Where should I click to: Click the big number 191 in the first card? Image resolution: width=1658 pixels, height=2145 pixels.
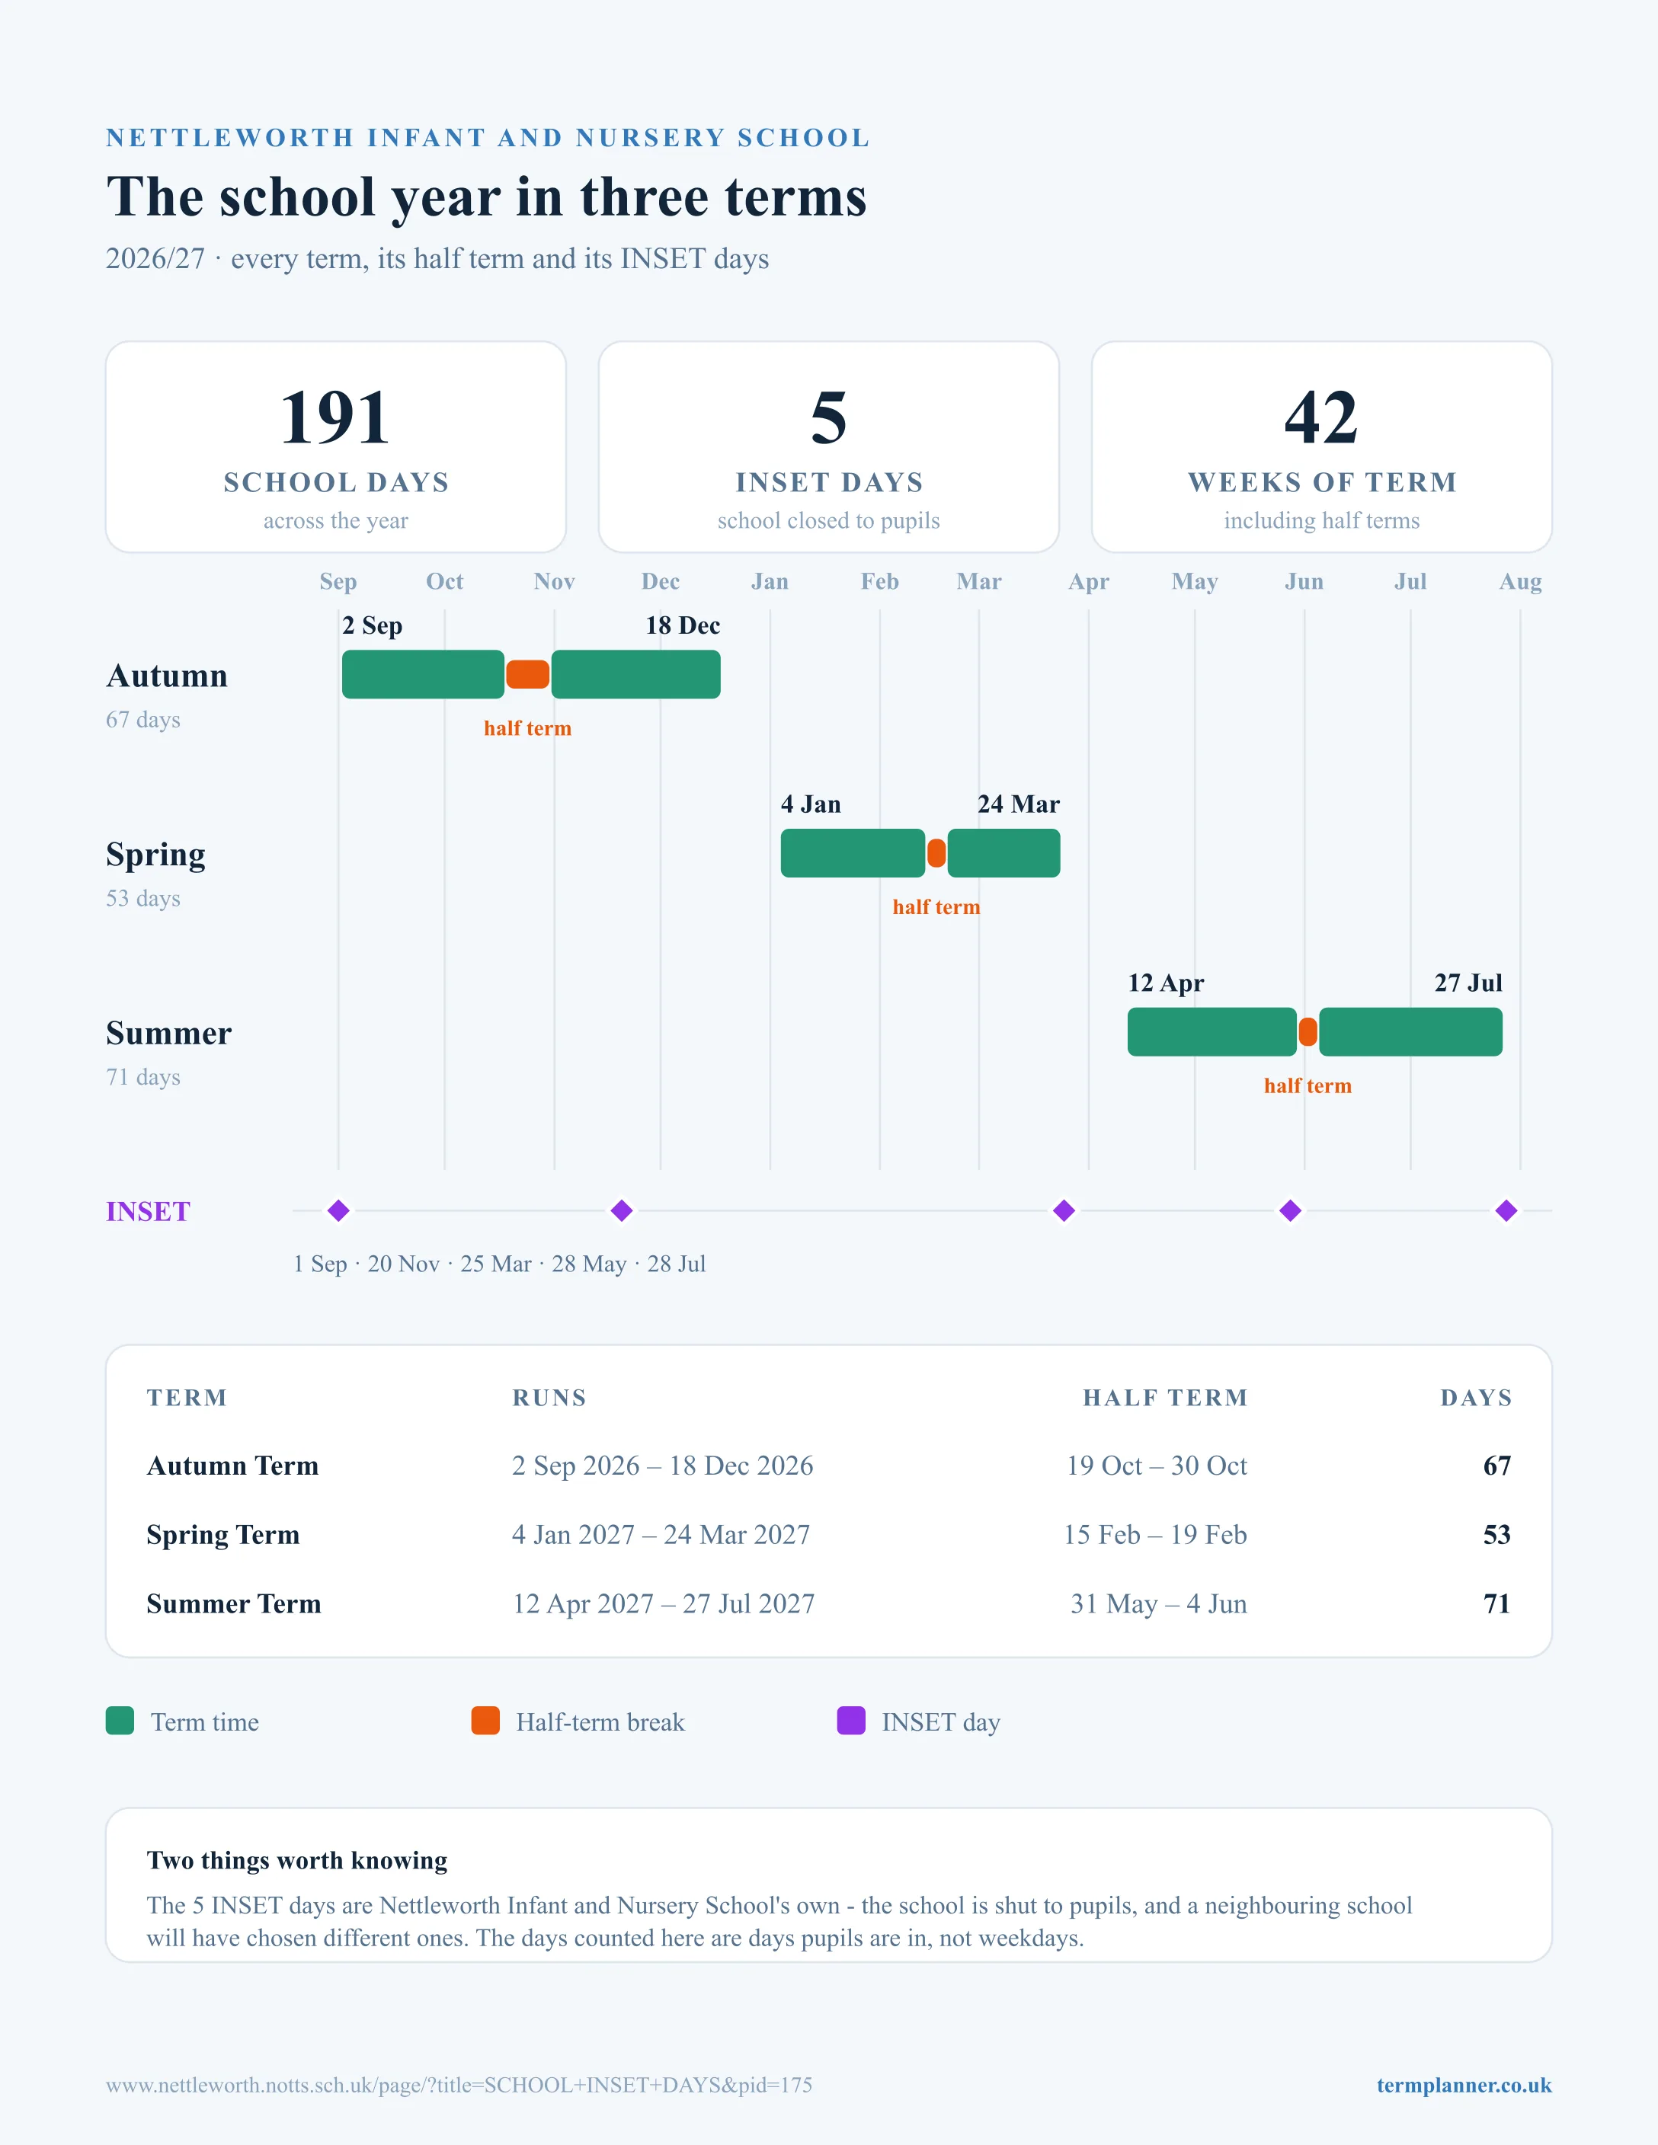coord(335,417)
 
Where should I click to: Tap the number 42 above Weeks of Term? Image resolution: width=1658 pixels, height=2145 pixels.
coord(1321,417)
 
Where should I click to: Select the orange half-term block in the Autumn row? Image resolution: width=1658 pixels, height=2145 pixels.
coord(527,675)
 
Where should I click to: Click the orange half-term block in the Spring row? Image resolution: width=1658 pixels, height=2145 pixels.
coord(936,853)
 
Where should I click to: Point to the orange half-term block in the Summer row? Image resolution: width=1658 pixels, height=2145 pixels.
coord(1308,1032)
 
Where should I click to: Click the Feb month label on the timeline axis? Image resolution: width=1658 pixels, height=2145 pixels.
coord(880,581)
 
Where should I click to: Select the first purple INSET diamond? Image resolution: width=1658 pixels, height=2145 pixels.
coord(339,1211)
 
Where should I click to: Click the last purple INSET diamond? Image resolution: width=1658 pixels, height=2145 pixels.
coord(1506,1211)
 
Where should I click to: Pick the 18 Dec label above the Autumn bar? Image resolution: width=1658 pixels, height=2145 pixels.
coord(683,625)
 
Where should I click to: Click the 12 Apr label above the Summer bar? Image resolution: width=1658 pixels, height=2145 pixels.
coord(1166,983)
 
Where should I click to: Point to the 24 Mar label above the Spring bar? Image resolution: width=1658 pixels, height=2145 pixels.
coord(1019,804)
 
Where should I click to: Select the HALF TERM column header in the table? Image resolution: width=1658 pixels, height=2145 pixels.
coord(1165,1398)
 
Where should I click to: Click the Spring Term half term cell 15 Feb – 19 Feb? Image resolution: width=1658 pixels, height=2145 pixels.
coord(1155,1534)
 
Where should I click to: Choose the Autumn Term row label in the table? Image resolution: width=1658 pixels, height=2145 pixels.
coord(233,1466)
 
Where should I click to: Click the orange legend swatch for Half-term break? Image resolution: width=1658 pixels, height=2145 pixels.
coord(485,1721)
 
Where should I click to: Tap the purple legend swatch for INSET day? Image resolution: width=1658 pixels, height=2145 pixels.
coord(850,1721)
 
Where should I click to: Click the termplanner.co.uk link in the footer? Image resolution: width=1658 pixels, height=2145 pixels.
coord(1464,2085)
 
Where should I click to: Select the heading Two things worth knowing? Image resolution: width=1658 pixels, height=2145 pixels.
coord(296,1860)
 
